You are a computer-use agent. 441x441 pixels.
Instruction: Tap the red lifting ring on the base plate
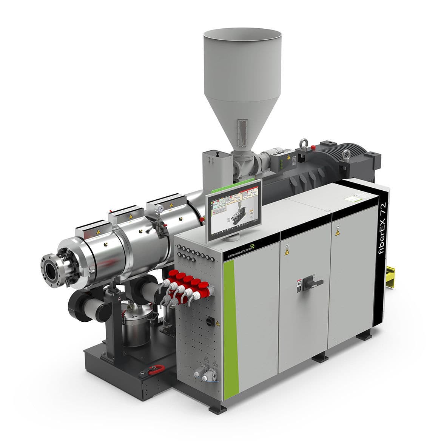pyautogui.click(x=155, y=370)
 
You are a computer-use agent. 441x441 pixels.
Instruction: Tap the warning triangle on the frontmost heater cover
pyautogui.click(x=99, y=232)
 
